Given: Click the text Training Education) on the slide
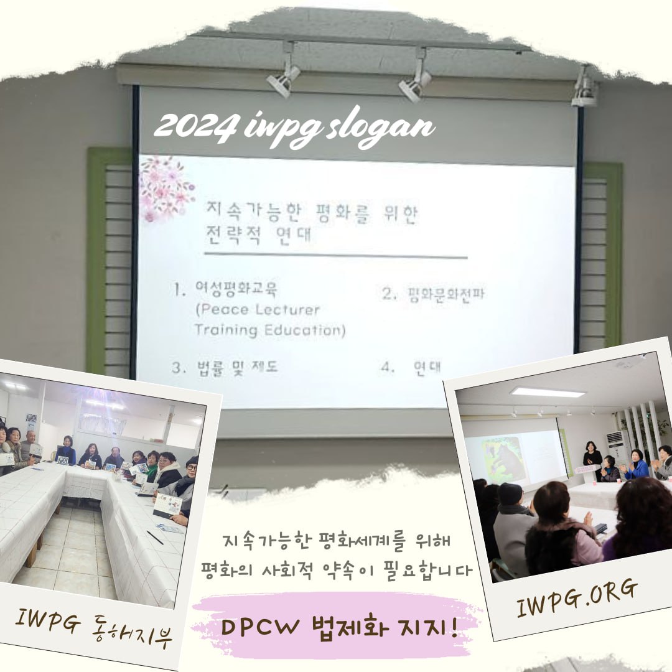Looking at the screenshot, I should coord(269,330).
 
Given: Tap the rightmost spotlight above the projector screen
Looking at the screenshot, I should coord(584,88).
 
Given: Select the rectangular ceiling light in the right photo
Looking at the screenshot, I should coord(548,393).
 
